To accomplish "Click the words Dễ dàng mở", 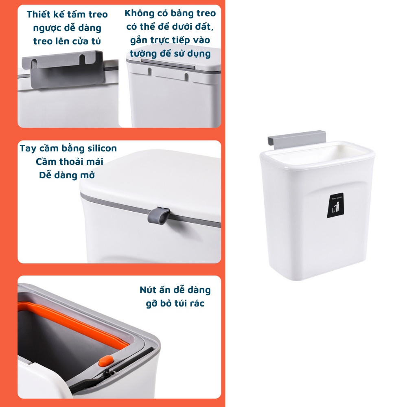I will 67,175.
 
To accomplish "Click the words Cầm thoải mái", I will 69,162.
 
